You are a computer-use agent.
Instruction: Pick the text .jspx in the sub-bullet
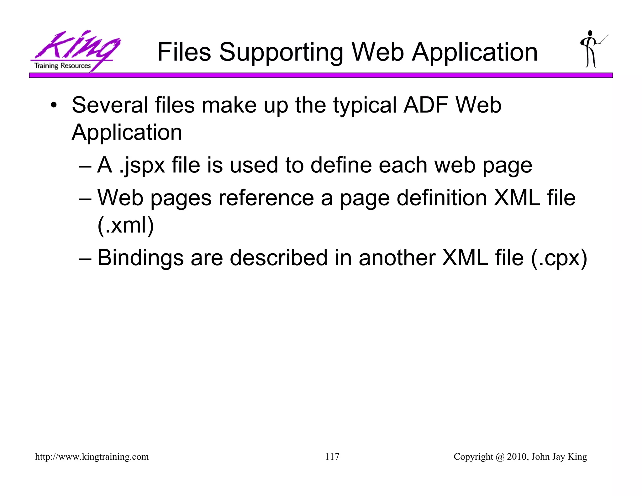tap(142, 166)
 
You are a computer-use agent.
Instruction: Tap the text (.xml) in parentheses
tap(126, 225)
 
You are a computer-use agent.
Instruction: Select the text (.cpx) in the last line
tap(559, 258)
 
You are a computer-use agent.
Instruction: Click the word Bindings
tap(140, 258)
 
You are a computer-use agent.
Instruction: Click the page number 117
tap(332, 456)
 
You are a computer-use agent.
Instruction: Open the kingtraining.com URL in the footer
tap(92, 457)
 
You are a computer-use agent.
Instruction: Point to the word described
tap(278, 258)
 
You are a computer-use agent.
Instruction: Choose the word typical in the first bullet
tap(365, 106)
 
